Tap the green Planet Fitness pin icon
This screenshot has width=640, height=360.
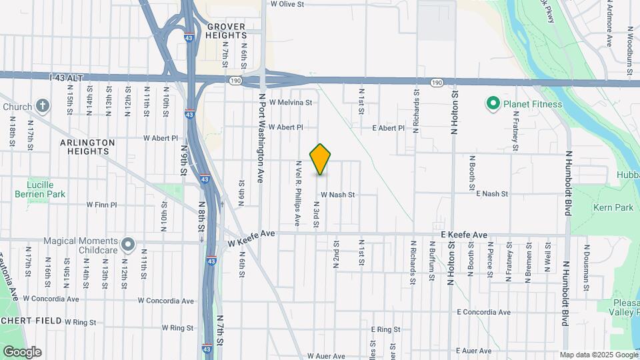coord(493,104)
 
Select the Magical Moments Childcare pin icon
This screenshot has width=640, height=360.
coord(128,243)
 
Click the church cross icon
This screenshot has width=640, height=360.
coord(43,105)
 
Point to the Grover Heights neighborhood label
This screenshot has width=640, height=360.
coord(225,31)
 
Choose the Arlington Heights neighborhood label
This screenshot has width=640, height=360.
coord(87,147)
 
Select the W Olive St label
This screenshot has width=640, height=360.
coord(287,4)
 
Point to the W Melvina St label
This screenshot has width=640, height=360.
coord(291,103)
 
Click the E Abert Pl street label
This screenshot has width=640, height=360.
coord(388,127)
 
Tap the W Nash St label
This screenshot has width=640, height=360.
coord(337,195)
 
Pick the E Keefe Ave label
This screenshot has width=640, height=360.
coord(464,235)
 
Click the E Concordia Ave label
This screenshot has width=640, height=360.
coord(483,312)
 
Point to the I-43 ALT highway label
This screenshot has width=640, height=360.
coord(66,78)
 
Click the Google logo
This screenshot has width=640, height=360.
coord(21,351)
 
